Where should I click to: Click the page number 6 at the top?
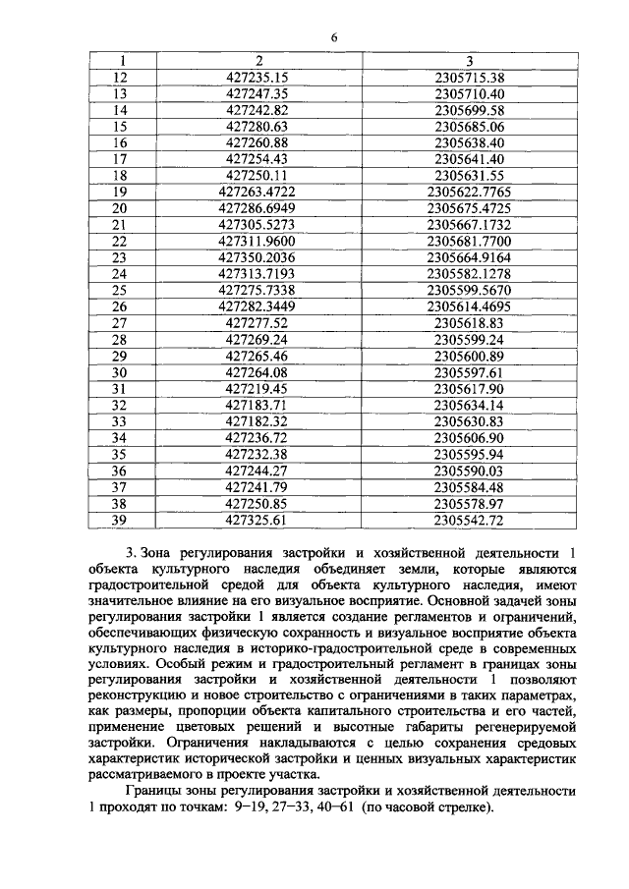(x=333, y=37)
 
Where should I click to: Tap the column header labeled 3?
(x=470, y=61)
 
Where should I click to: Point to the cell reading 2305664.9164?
(x=469, y=259)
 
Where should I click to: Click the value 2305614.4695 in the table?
(x=469, y=306)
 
